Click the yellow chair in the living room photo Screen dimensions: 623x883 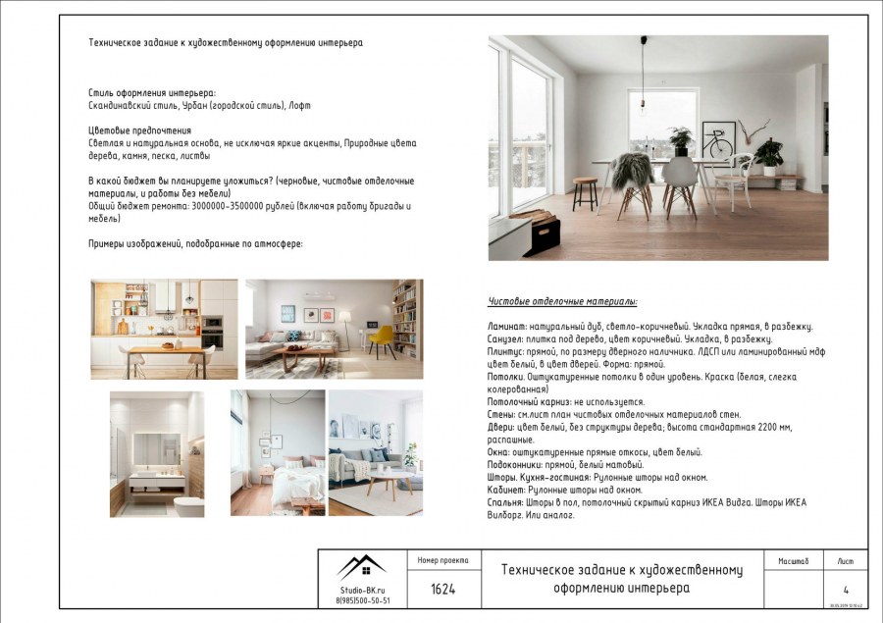(x=383, y=339)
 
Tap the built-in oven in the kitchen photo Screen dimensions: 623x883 (x=212, y=332)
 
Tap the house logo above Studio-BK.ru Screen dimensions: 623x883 (x=362, y=566)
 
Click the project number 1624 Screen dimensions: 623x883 (x=442, y=590)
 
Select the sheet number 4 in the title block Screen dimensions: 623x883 (x=846, y=590)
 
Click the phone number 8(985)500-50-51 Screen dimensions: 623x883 (x=362, y=600)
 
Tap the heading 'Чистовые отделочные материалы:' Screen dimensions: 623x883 (x=562, y=301)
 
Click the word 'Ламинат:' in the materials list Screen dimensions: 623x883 (x=508, y=327)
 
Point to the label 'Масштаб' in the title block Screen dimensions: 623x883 (x=793, y=561)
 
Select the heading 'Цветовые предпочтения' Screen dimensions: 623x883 (x=139, y=130)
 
